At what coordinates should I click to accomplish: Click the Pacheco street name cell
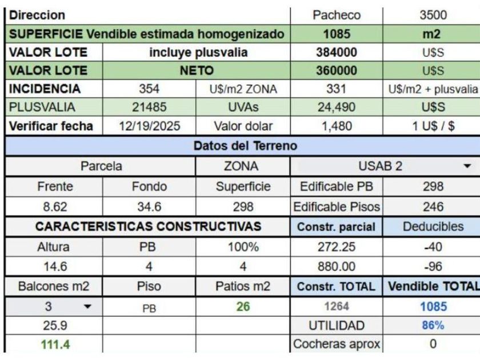(x=336, y=15)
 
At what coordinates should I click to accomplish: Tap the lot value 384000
(x=336, y=53)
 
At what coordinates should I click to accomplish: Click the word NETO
(x=196, y=71)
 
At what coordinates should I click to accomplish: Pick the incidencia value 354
(x=149, y=89)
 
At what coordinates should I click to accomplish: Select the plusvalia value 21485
(x=149, y=107)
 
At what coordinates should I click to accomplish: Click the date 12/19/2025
(x=149, y=126)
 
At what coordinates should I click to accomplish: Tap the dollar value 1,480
(x=336, y=126)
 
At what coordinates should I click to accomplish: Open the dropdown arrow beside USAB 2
(x=467, y=166)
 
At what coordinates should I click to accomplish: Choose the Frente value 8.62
(x=54, y=206)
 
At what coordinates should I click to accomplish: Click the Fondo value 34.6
(x=149, y=206)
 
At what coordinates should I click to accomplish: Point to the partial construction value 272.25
(x=336, y=247)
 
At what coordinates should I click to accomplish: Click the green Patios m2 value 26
(x=243, y=307)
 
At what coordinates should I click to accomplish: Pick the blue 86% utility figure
(x=433, y=325)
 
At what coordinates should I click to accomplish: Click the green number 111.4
(x=54, y=345)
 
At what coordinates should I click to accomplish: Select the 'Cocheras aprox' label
(x=336, y=345)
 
